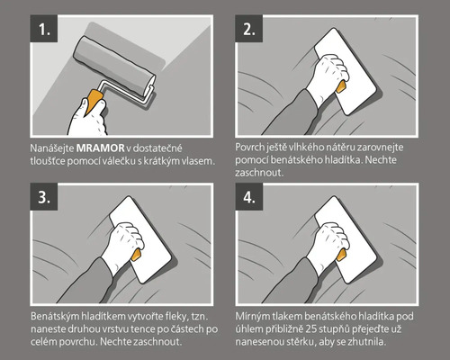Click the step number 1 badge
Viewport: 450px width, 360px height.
click(x=44, y=29)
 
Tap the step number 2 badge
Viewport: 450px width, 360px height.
click(x=249, y=29)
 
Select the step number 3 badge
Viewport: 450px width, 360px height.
click(x=44, y=196)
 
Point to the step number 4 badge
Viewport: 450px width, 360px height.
click(x=249, y=196)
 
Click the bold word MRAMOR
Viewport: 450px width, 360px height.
click(x=101, y=148)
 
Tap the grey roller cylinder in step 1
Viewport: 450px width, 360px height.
click(x=114, y=67)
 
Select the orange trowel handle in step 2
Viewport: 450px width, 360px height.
click(x=341, y=86)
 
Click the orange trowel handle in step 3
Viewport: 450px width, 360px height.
click(x=136, y=255)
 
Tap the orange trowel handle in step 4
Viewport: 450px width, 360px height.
click(x=341, y=255)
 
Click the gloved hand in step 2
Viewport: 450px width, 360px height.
click(x=328, y=78)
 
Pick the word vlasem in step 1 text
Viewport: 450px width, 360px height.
click(x=199, y=161)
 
